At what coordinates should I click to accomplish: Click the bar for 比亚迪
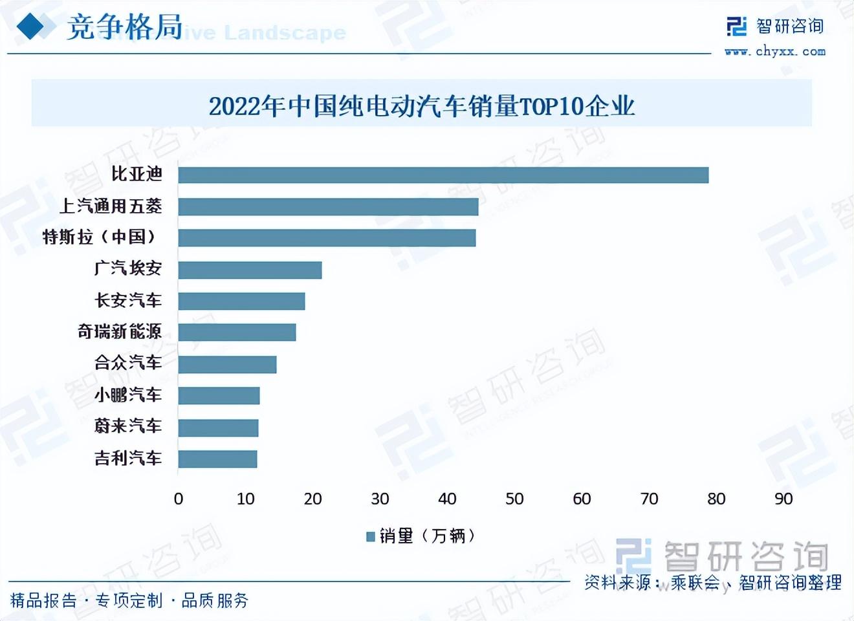443,175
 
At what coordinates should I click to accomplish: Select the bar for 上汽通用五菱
328,207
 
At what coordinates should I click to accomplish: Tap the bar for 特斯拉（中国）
327,238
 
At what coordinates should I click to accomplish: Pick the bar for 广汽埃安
250,270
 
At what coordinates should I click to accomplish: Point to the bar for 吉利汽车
217,459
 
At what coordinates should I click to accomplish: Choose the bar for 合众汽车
227,364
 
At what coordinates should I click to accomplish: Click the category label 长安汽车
128,300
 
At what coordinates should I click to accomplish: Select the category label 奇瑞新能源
120,332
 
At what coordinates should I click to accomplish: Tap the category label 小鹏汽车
128,395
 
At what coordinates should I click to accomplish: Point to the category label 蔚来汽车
128,426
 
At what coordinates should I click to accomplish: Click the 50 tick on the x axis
514,499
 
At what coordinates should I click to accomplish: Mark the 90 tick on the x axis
783,499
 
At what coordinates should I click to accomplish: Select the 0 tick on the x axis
179,499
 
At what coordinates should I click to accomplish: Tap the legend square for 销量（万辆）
371,536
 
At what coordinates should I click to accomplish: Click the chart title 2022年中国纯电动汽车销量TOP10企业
422,105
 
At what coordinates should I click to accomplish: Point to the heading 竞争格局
124,27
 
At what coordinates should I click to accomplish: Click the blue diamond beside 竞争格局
30,27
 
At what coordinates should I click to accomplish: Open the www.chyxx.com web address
774,51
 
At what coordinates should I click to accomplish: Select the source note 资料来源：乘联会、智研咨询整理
713,582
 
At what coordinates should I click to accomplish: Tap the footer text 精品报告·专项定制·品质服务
129,600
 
